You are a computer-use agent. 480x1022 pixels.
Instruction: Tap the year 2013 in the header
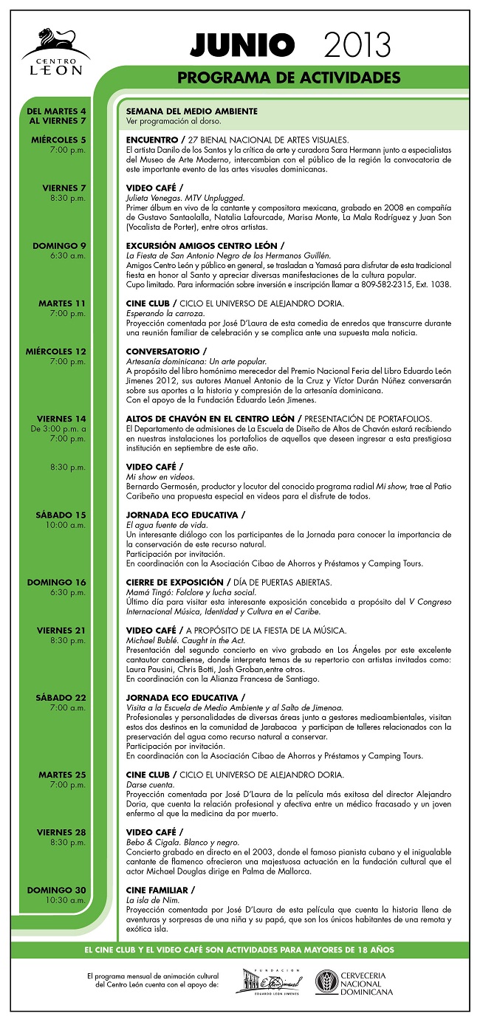click(356, 45)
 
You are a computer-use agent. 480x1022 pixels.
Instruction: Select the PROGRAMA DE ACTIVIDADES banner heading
click(289, 78)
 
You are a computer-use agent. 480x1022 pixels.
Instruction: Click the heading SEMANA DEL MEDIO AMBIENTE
click(191, 111)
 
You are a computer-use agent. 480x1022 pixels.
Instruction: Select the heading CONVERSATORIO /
click(166, 351)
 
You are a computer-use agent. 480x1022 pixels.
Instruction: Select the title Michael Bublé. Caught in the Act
click(185, 640)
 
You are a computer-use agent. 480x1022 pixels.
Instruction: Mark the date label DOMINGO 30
click(57, 890)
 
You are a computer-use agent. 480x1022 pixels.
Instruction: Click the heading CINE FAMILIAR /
click(160, 890)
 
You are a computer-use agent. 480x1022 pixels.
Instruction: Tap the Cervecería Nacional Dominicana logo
click(354, 982)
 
